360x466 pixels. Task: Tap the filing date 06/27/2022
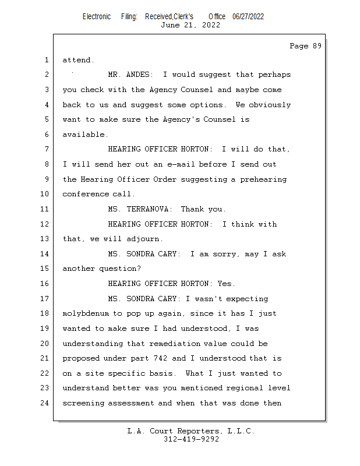tap(248, 16)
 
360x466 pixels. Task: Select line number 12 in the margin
tap(45, 224)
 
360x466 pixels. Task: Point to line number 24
tap(45, 403)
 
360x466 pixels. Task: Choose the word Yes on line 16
tap(225, 284)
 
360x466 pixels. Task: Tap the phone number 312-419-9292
tap(192, 440)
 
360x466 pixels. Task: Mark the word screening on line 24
tap(86, 403)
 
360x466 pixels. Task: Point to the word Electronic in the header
tap(97, 16)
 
